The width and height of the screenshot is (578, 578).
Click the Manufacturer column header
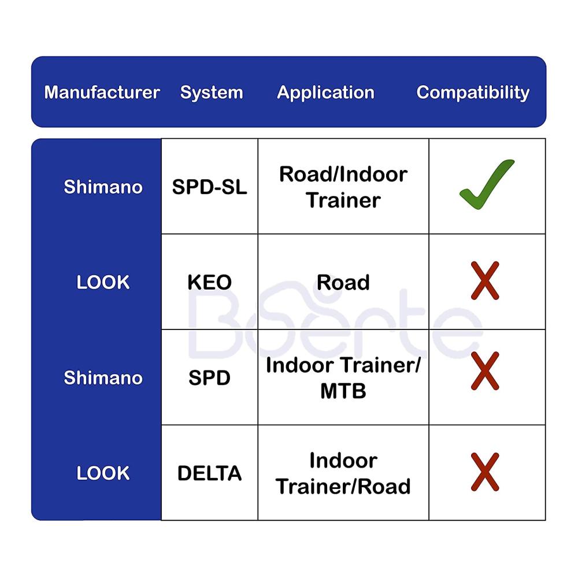(x=102, y=92)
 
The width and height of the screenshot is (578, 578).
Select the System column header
(x=212, y=92)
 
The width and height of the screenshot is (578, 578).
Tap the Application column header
(x=326, y=92)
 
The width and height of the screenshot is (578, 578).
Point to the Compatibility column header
(x=473, y=92)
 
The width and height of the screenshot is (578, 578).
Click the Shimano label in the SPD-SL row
(x=103, y=187)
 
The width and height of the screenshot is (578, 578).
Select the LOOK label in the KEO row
(x=103, y=283)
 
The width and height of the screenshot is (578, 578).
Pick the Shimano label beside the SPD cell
(x=103, y=378)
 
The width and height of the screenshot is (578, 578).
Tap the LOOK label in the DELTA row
(x=103, y=473)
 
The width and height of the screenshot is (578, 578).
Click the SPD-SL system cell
(x=209, y=187)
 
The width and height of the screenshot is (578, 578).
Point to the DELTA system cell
(x=209, y=473)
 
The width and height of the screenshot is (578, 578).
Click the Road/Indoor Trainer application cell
(x=343, y=187)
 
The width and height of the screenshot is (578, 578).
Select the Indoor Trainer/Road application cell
(x=343, y=473)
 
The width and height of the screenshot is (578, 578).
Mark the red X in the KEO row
(x=485, y=280)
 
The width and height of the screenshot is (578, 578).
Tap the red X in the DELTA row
(x=485, y=472)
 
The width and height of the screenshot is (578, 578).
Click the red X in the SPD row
(x=485, y=371)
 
